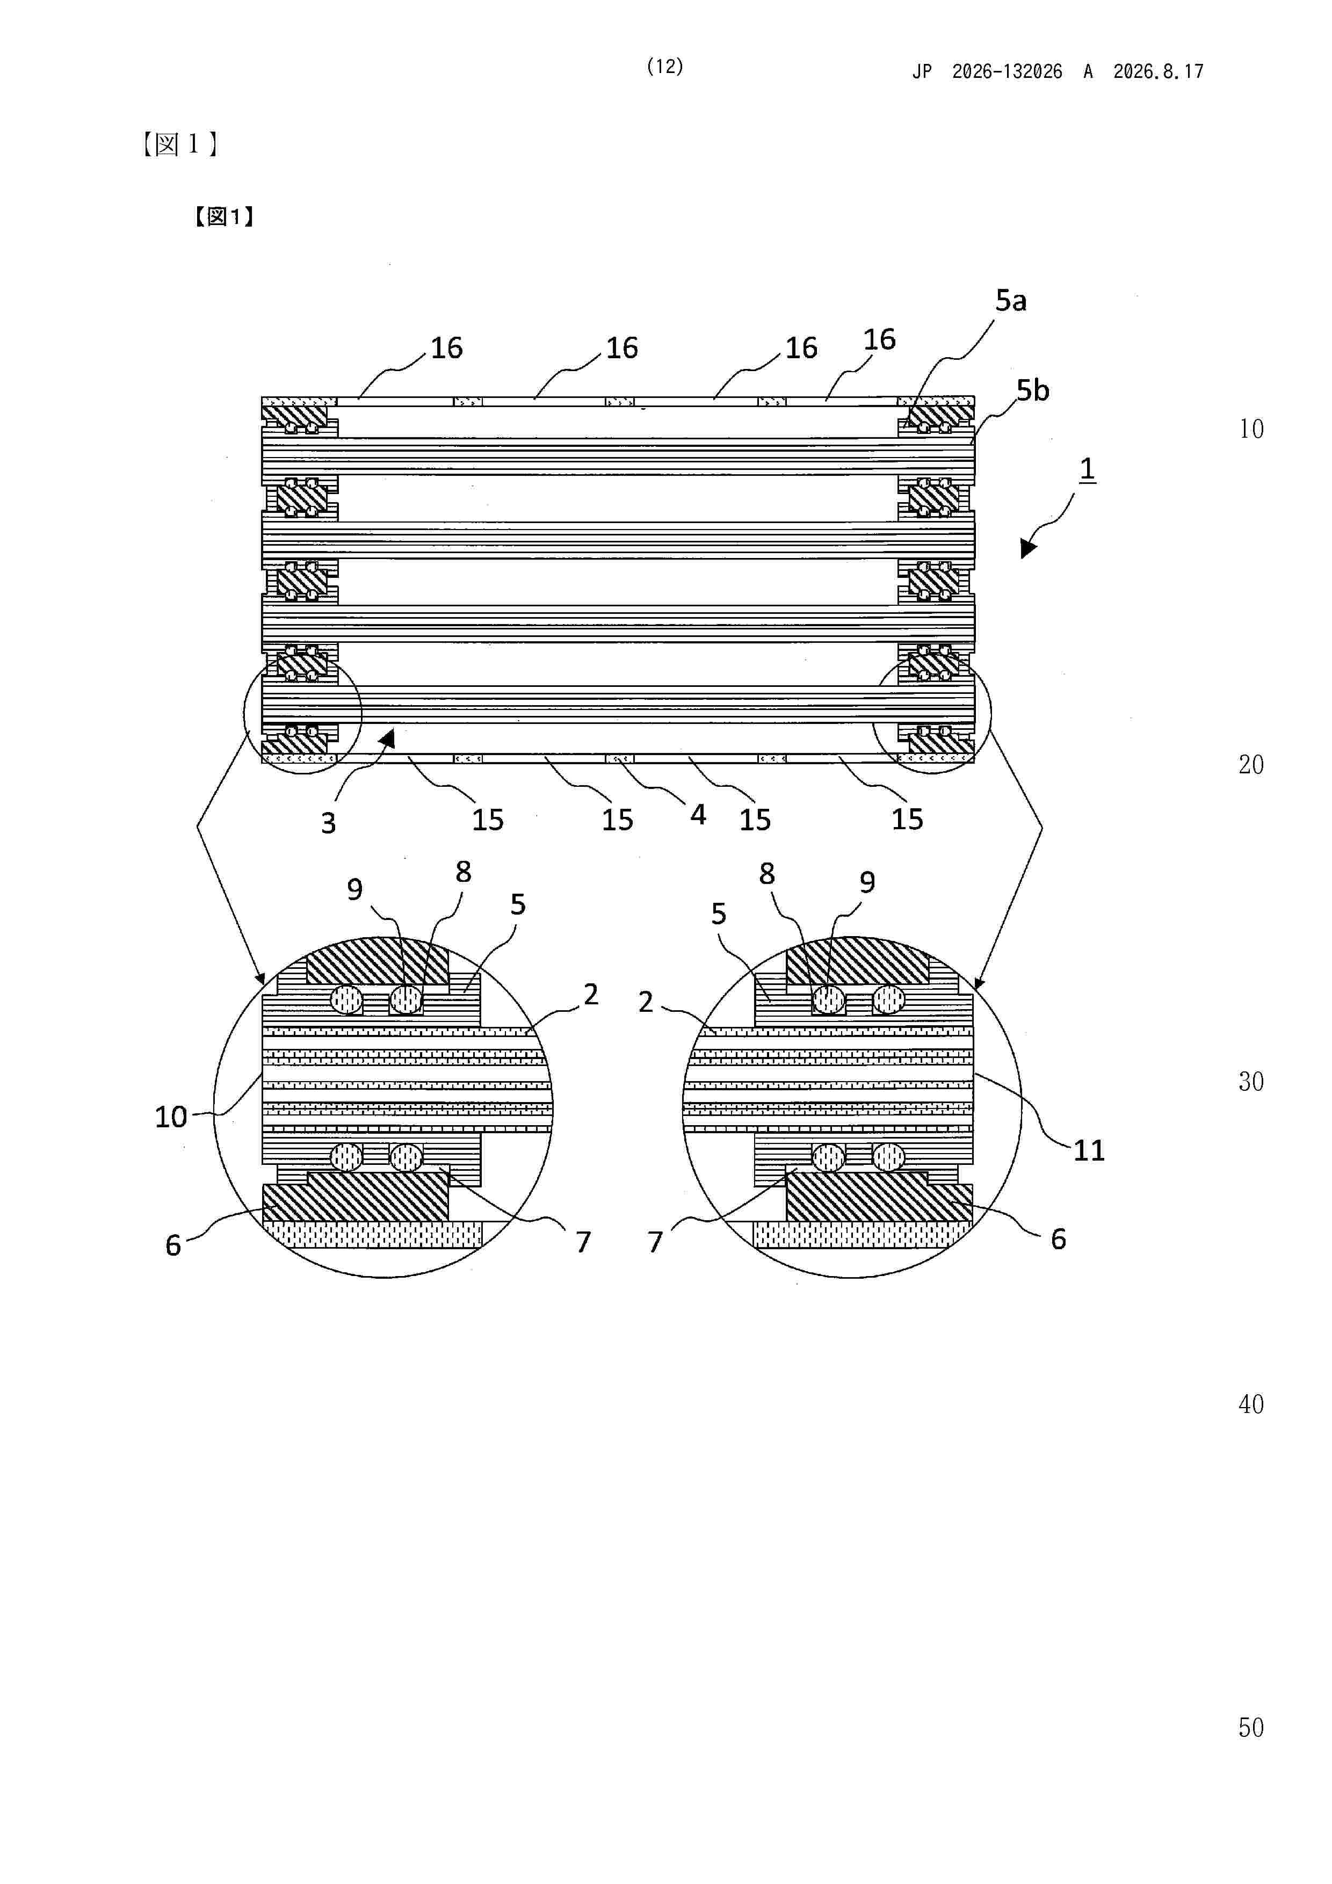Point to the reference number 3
[328, 823]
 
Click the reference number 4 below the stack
[698, 815]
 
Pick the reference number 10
[171, 1117]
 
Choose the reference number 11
[1089, 1150]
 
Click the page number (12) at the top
[665, 67]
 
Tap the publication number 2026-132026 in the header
[1007, 72]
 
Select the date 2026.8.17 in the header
[1158, 72]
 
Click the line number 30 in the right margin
[1251, 1082]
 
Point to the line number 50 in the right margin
[1251, 1727]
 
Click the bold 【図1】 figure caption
[224, 216]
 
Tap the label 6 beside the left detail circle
[173, 1245]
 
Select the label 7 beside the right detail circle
[655, 1242]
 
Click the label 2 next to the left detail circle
[591, 995]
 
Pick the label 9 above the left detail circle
[354, 889]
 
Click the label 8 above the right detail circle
[766, 874]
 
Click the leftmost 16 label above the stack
[446, 348]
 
